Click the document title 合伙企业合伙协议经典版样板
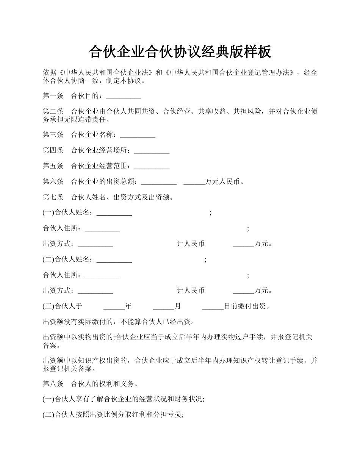click(180, 52)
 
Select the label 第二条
click(53, 112)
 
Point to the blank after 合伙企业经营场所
click(152, 151)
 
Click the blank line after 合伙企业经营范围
click(152, 166)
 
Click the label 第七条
click(53, 197)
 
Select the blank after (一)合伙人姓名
click(114, 213)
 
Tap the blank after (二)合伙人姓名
click(114, 260)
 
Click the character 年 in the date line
click(128, 306)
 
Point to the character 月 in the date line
click(177, 306)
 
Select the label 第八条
click(53, 384)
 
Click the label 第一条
click(53, 96)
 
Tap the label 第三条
click(53, 135)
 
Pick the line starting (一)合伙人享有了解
click(124, 399)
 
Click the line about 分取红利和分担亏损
click(113, 415)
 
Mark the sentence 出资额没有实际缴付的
click(119, 322)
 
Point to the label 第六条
click(53, 182)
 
